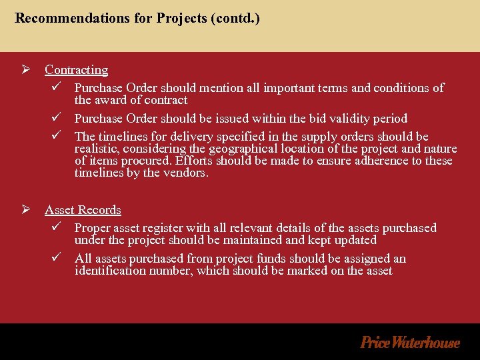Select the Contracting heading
[76, 69]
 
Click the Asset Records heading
[83, 210]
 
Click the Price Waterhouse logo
[410, 343]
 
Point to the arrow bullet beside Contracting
[26, 69]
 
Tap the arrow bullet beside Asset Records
[26, 210]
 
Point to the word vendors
[189, 173]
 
